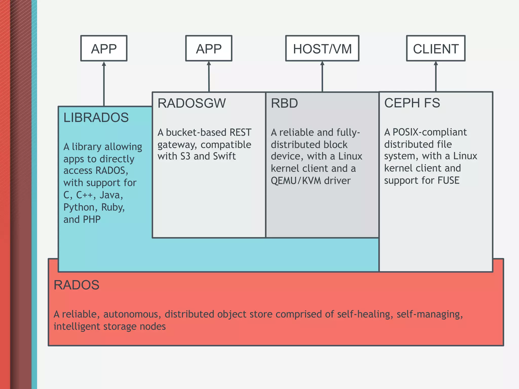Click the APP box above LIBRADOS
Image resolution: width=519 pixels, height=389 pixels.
[104, 48]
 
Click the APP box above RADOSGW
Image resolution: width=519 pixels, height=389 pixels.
[209, 48]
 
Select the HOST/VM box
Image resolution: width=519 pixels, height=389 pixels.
[322, 48]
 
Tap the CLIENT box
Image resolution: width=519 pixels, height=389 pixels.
[436, 48]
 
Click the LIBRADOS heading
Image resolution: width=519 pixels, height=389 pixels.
[96, 118]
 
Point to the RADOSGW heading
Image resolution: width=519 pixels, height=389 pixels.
[192, 103]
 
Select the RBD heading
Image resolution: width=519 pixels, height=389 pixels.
[284, 103]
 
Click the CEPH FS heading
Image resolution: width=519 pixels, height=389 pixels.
[412, 103]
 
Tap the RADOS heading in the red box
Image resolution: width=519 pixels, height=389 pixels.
[76, 285]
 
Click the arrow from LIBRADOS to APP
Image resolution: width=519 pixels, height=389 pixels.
[104, 84]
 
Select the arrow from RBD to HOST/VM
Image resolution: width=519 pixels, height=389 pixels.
[322, 76]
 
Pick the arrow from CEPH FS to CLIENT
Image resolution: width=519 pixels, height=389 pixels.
[436, 76]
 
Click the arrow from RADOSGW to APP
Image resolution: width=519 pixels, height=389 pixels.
[209, 76]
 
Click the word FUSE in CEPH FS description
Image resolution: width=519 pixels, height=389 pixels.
[448, 180]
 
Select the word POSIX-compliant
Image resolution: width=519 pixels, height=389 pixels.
[430, 132]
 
